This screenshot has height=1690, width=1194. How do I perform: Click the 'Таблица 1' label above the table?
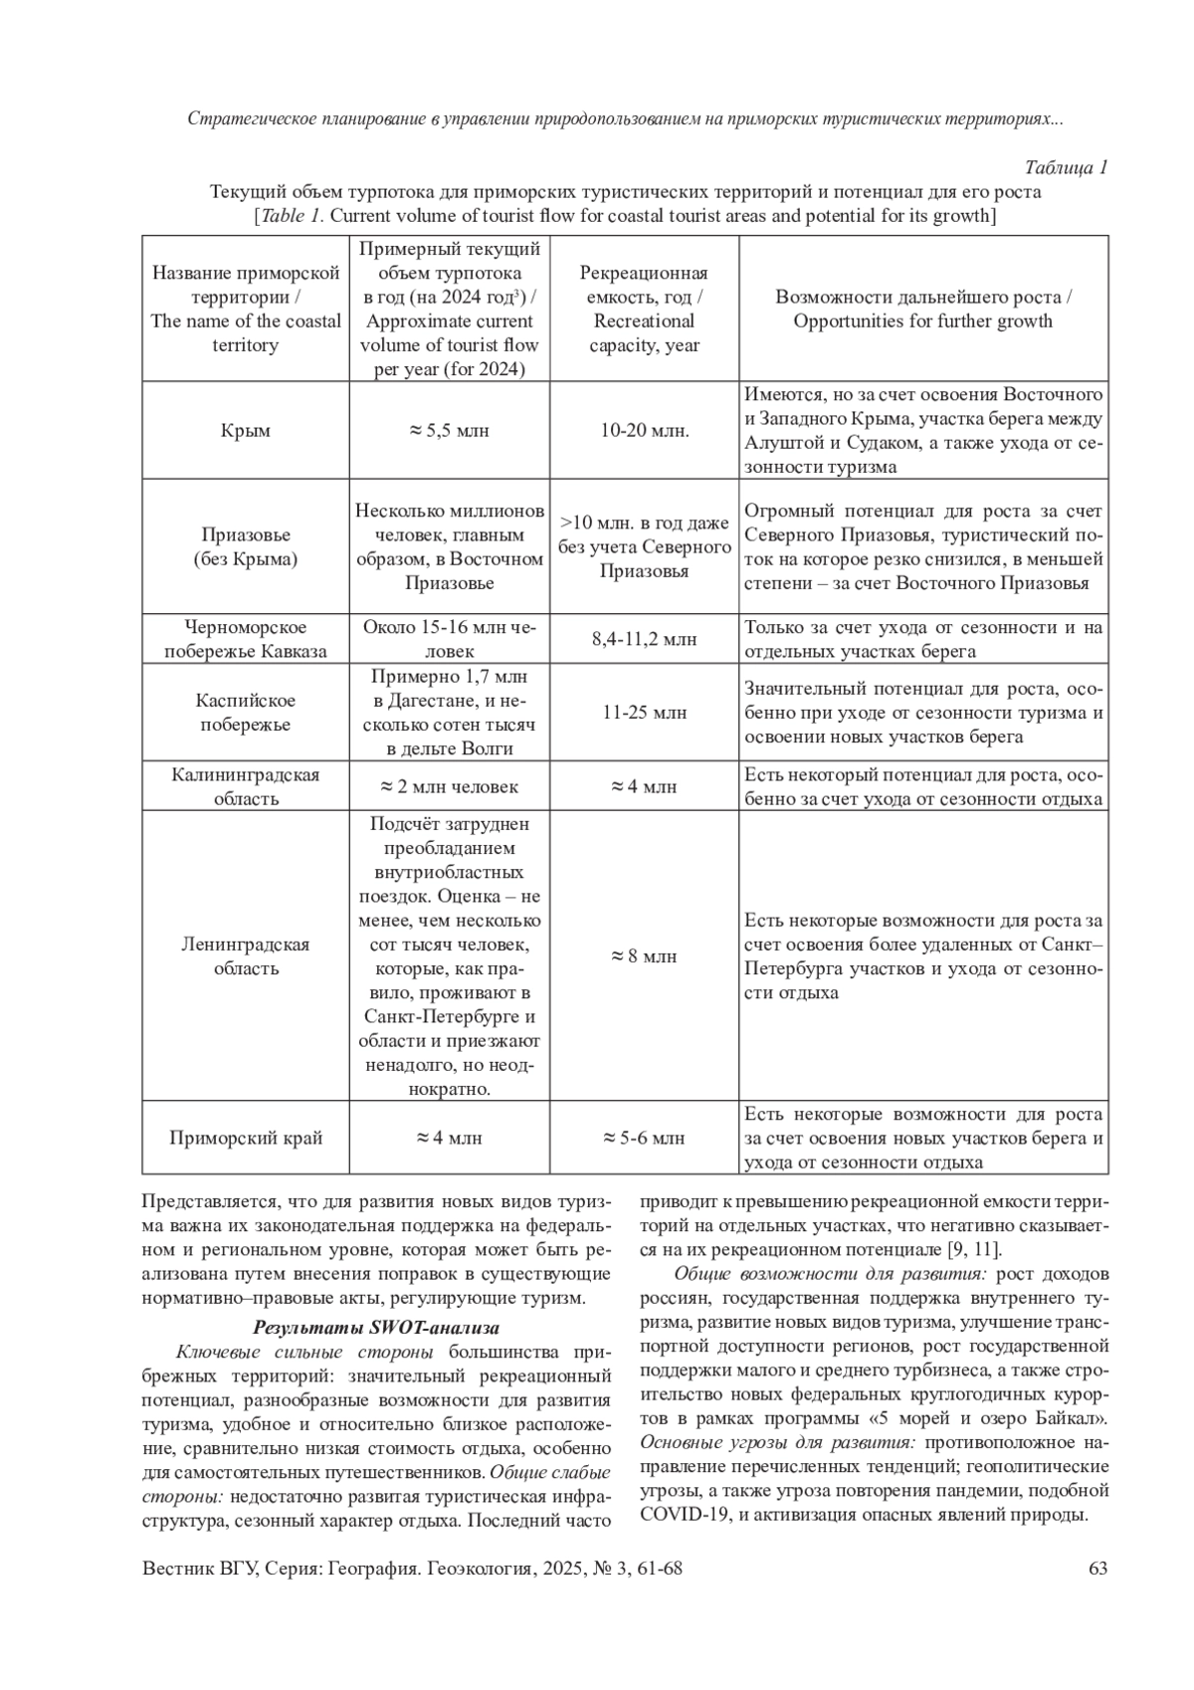1065,167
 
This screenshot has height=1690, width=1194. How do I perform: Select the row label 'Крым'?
245,431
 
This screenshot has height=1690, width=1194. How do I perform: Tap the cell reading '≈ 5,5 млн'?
449,431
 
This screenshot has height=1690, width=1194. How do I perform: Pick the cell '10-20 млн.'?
644,431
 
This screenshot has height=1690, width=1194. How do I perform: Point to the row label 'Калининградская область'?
245,786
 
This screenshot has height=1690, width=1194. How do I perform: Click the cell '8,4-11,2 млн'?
644,639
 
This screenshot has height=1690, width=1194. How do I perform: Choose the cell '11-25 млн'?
644,713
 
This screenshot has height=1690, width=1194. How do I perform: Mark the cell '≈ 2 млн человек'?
449,786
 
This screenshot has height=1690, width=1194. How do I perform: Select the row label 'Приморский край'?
245,1138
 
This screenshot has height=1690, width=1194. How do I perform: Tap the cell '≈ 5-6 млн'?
644,1138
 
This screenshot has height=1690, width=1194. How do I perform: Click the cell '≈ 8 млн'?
644,956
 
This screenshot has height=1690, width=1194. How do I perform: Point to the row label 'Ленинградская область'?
245,956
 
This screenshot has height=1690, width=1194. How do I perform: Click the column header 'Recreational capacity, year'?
644,309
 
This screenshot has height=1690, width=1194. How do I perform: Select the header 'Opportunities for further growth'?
922,309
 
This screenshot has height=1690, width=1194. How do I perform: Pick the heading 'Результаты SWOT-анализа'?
376,1328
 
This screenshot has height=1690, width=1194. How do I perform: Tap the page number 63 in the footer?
1098,1570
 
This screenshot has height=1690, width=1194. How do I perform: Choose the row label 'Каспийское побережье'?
245,713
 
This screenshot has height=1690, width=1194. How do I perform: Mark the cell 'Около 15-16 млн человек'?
449,639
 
